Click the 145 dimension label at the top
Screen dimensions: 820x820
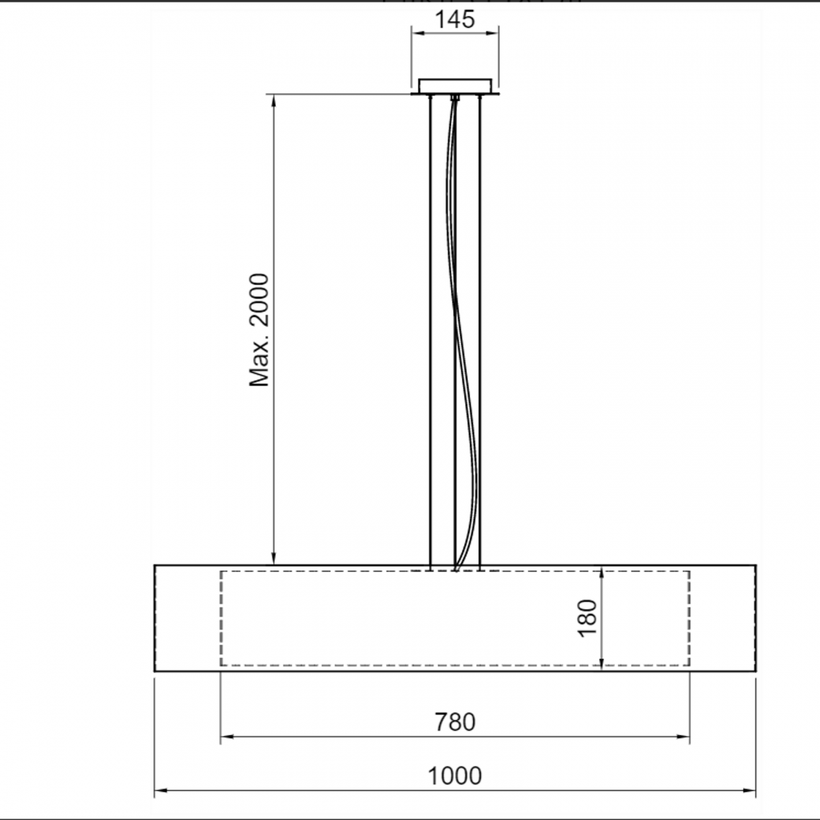(x=454, y=20)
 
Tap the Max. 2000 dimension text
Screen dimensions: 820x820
(x=259, y=330)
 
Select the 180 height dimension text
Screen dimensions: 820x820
(x=587, y=618)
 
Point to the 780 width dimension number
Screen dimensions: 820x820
(x=455, y=722)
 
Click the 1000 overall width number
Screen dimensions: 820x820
(x=455, y=776)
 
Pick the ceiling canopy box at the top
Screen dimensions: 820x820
(x=455, y=86)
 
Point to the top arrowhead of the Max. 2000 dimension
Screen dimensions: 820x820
(x=274, y=100)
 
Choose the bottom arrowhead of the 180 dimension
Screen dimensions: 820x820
(x=602, y=662)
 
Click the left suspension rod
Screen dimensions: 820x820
(x=430, y=328)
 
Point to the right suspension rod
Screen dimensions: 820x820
(x=480, y=328)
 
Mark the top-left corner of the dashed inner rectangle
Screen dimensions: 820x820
(x=221, y=571)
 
